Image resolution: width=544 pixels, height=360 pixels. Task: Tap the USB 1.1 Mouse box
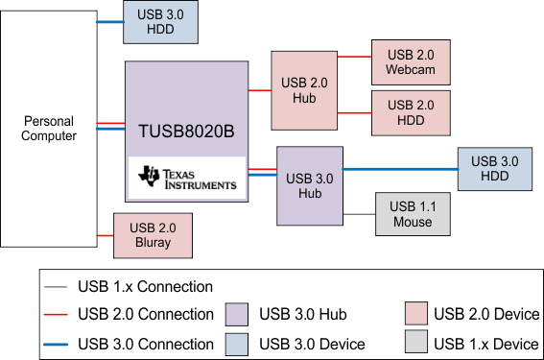coord(412,214)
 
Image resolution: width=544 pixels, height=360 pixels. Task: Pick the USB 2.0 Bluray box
coord(153,235)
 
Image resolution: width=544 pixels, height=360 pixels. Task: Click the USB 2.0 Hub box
coord(305,89)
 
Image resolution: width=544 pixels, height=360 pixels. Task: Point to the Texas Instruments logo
coord(187,178)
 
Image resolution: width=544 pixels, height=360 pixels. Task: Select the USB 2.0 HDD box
coord(411,112)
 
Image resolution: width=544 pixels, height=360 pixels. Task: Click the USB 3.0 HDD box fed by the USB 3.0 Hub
coord(493,170)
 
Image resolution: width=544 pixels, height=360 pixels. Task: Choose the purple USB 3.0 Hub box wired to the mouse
coord(310,185)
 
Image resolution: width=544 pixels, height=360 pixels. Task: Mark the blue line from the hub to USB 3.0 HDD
coord(400,169)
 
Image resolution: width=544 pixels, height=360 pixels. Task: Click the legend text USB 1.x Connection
coord(145,286)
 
